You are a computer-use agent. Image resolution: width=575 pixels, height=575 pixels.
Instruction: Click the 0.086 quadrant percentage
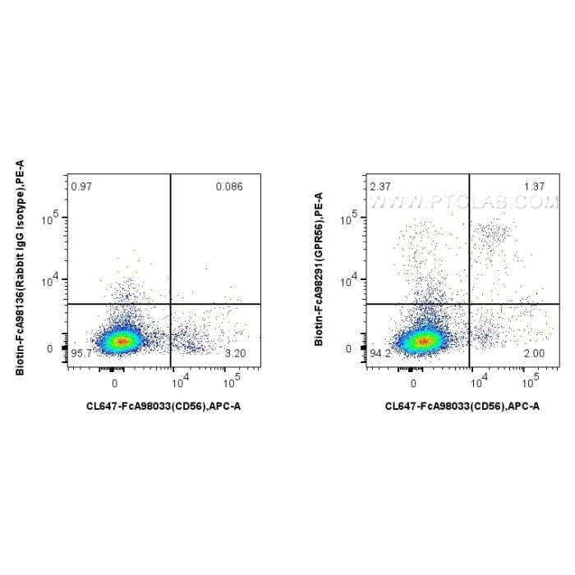click(229, 186)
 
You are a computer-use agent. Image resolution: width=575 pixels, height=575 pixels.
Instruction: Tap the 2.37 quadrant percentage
click(379, 186)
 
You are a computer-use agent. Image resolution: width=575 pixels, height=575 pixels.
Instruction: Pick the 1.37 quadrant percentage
click(534, 186)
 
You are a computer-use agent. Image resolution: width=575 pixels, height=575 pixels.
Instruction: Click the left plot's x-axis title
click(163, 406)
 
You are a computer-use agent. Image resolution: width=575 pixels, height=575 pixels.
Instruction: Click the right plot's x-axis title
click(462, 406)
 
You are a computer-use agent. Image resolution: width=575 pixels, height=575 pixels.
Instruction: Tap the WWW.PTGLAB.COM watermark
click(465, 203)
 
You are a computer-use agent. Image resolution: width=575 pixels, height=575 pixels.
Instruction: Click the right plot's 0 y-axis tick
click(355, 349)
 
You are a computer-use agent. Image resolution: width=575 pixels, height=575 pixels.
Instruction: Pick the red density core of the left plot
click(121, 341)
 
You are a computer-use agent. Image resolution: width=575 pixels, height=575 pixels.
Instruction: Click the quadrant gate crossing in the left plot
click(170, 304)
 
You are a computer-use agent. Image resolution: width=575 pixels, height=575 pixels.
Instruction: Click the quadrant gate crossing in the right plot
click(469, 304)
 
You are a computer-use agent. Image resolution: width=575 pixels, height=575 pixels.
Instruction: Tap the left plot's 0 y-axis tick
click(56, 349)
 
